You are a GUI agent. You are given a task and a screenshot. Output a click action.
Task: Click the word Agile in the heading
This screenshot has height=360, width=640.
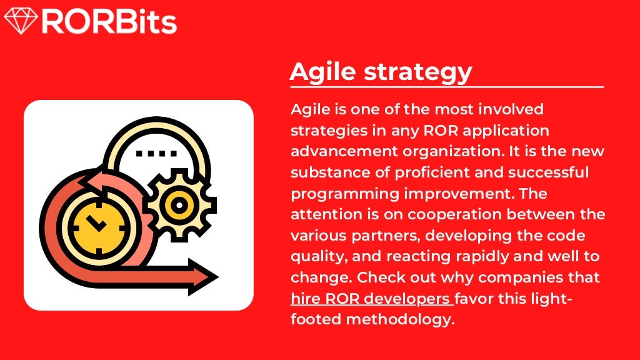(323, 72)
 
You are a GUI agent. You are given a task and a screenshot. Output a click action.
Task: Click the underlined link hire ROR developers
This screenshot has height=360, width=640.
(371, 298)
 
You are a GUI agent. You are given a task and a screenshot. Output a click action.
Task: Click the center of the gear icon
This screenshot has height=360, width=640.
(179, 204)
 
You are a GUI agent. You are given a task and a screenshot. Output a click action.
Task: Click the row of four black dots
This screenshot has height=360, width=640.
(156, 152)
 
